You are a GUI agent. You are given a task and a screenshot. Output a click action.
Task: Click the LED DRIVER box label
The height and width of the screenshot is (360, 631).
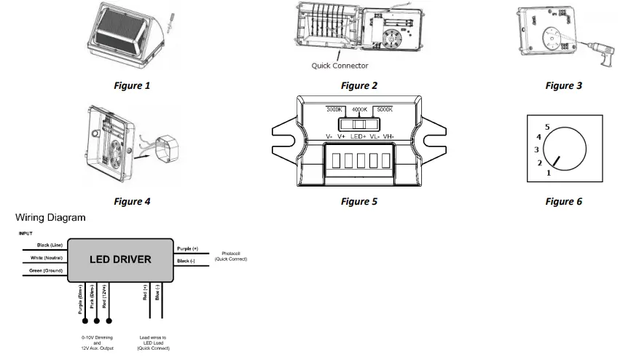tap(120, 259)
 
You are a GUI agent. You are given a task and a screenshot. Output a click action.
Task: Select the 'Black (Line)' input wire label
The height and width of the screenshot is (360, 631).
tap(50, 245)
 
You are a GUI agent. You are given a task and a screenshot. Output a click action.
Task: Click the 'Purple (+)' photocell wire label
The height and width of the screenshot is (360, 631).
tap(186, 248)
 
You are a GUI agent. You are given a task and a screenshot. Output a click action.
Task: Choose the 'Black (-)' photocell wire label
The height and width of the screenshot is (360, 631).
tap(184, 260)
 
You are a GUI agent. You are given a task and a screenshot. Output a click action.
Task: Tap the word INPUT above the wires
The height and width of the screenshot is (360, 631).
tap(26, 233)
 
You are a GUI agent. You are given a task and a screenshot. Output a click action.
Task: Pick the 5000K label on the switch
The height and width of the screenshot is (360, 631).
tap(385, 109)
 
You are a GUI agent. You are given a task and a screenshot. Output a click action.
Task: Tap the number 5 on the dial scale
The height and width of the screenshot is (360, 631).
tap(546, 125)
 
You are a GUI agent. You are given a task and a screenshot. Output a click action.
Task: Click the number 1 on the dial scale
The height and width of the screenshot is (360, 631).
tap(548, 173)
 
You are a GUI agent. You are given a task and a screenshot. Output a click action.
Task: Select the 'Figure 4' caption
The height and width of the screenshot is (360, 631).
tap(132, 201)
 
